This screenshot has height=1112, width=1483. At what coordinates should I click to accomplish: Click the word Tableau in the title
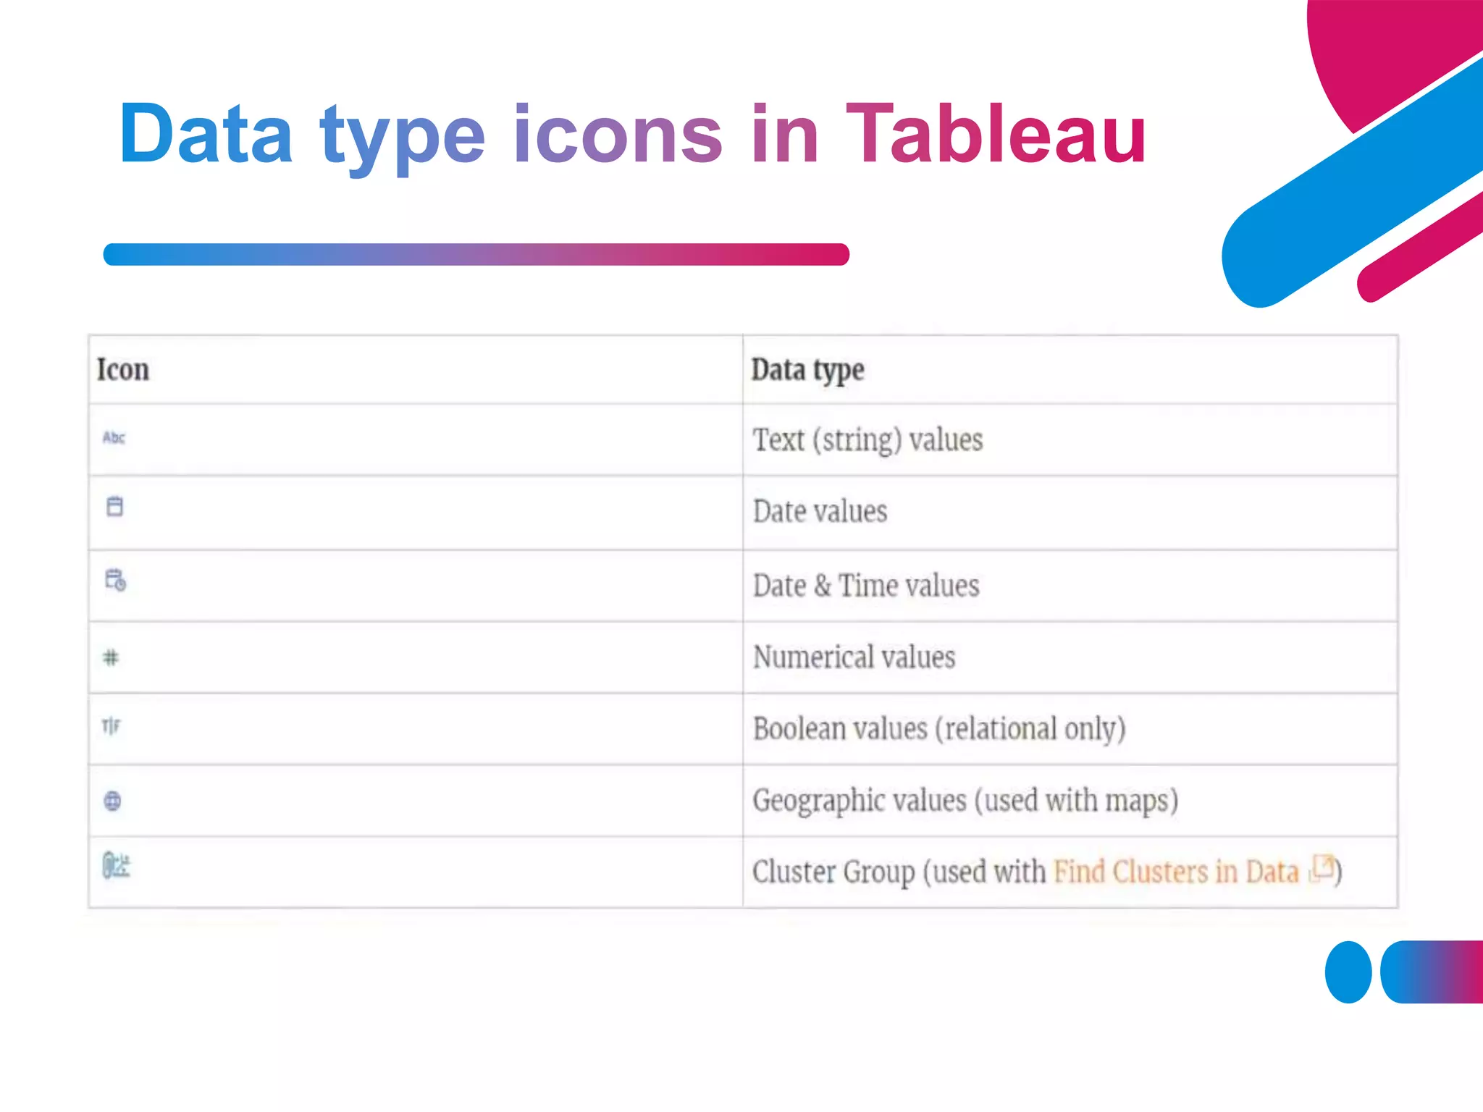(996, 134)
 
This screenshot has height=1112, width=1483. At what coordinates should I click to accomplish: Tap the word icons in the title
(618, 134)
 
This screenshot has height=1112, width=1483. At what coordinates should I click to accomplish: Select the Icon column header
(123, 369)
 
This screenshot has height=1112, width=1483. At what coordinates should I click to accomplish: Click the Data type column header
(807, 370)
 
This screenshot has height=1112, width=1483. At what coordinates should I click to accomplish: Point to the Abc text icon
(114, 437)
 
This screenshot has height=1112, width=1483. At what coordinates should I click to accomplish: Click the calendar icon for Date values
(114, 506)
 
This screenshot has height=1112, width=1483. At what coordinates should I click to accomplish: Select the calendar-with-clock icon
(115, 580)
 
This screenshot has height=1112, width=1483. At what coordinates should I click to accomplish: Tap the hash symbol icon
(111, 657)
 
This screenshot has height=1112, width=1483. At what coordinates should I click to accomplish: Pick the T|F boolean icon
(111, 725)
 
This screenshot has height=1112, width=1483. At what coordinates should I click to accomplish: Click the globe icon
(113, 801)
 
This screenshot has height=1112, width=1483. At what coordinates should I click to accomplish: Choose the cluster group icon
(116, 865)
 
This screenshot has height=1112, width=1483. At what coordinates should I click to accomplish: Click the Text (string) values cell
(867, 439)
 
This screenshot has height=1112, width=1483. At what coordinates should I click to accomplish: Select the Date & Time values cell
(866, 585)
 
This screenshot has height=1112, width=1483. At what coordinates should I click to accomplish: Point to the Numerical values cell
(854, 657)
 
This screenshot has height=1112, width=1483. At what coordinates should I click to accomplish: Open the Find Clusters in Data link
(1176, 872)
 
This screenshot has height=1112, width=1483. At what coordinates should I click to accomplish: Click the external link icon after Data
(1323, 867)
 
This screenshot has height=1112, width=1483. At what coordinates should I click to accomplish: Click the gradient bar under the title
(476, 254)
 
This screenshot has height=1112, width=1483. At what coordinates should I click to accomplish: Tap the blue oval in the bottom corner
(1348, 972)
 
